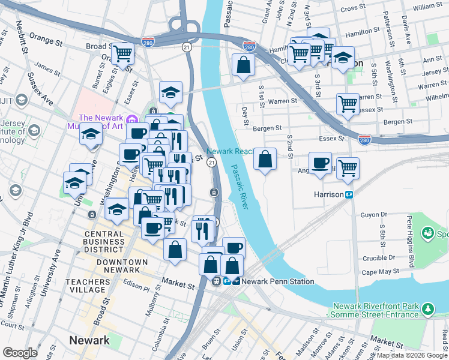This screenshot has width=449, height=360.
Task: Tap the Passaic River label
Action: pyautogui.click(x=241, y=187)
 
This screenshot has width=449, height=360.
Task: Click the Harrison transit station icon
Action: pyautogui.click(x=348, y=195)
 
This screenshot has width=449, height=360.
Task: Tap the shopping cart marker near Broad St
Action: pyautogui.click(x=123, y=53)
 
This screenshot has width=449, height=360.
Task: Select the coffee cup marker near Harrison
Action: pyautogui.click(x=321, y=162)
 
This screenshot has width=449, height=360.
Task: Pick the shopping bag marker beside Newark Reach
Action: pyautogui.click(x=265, y=159)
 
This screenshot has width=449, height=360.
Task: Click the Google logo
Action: pyautogui.click(x=20, y=352)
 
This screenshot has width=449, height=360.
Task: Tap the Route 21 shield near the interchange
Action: pyautogui.click(x=188, y=47)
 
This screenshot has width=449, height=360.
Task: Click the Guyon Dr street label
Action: pyautogui.click(x=374, y=214)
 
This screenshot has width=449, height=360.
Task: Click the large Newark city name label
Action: pyautogui.click(x=89, y=340)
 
